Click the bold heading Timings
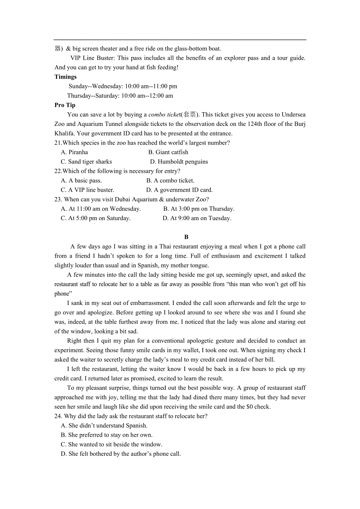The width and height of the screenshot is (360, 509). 65,77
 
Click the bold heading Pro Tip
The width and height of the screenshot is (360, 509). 65,105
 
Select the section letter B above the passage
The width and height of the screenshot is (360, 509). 186,237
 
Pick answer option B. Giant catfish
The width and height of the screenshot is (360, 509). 168,152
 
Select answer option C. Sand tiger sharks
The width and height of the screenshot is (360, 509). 86,162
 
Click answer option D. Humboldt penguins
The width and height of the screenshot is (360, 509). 179,162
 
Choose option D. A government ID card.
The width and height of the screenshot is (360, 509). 179,190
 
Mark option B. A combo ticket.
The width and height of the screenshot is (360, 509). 170,181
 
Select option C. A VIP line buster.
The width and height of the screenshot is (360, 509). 87,190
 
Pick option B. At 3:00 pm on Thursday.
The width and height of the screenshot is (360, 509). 199,209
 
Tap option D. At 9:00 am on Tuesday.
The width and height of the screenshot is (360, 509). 197,218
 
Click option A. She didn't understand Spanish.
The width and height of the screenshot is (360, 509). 104,426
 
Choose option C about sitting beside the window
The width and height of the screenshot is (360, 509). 111,444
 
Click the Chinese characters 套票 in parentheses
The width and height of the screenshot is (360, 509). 190,115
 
